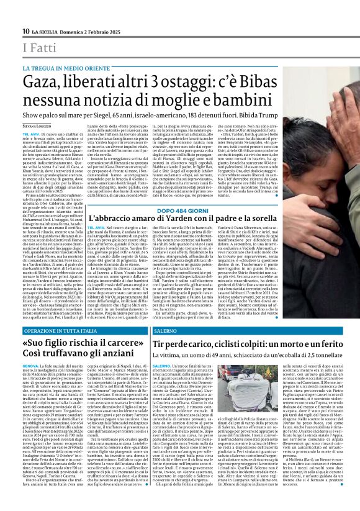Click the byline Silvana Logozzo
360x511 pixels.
tap(38, 126)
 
